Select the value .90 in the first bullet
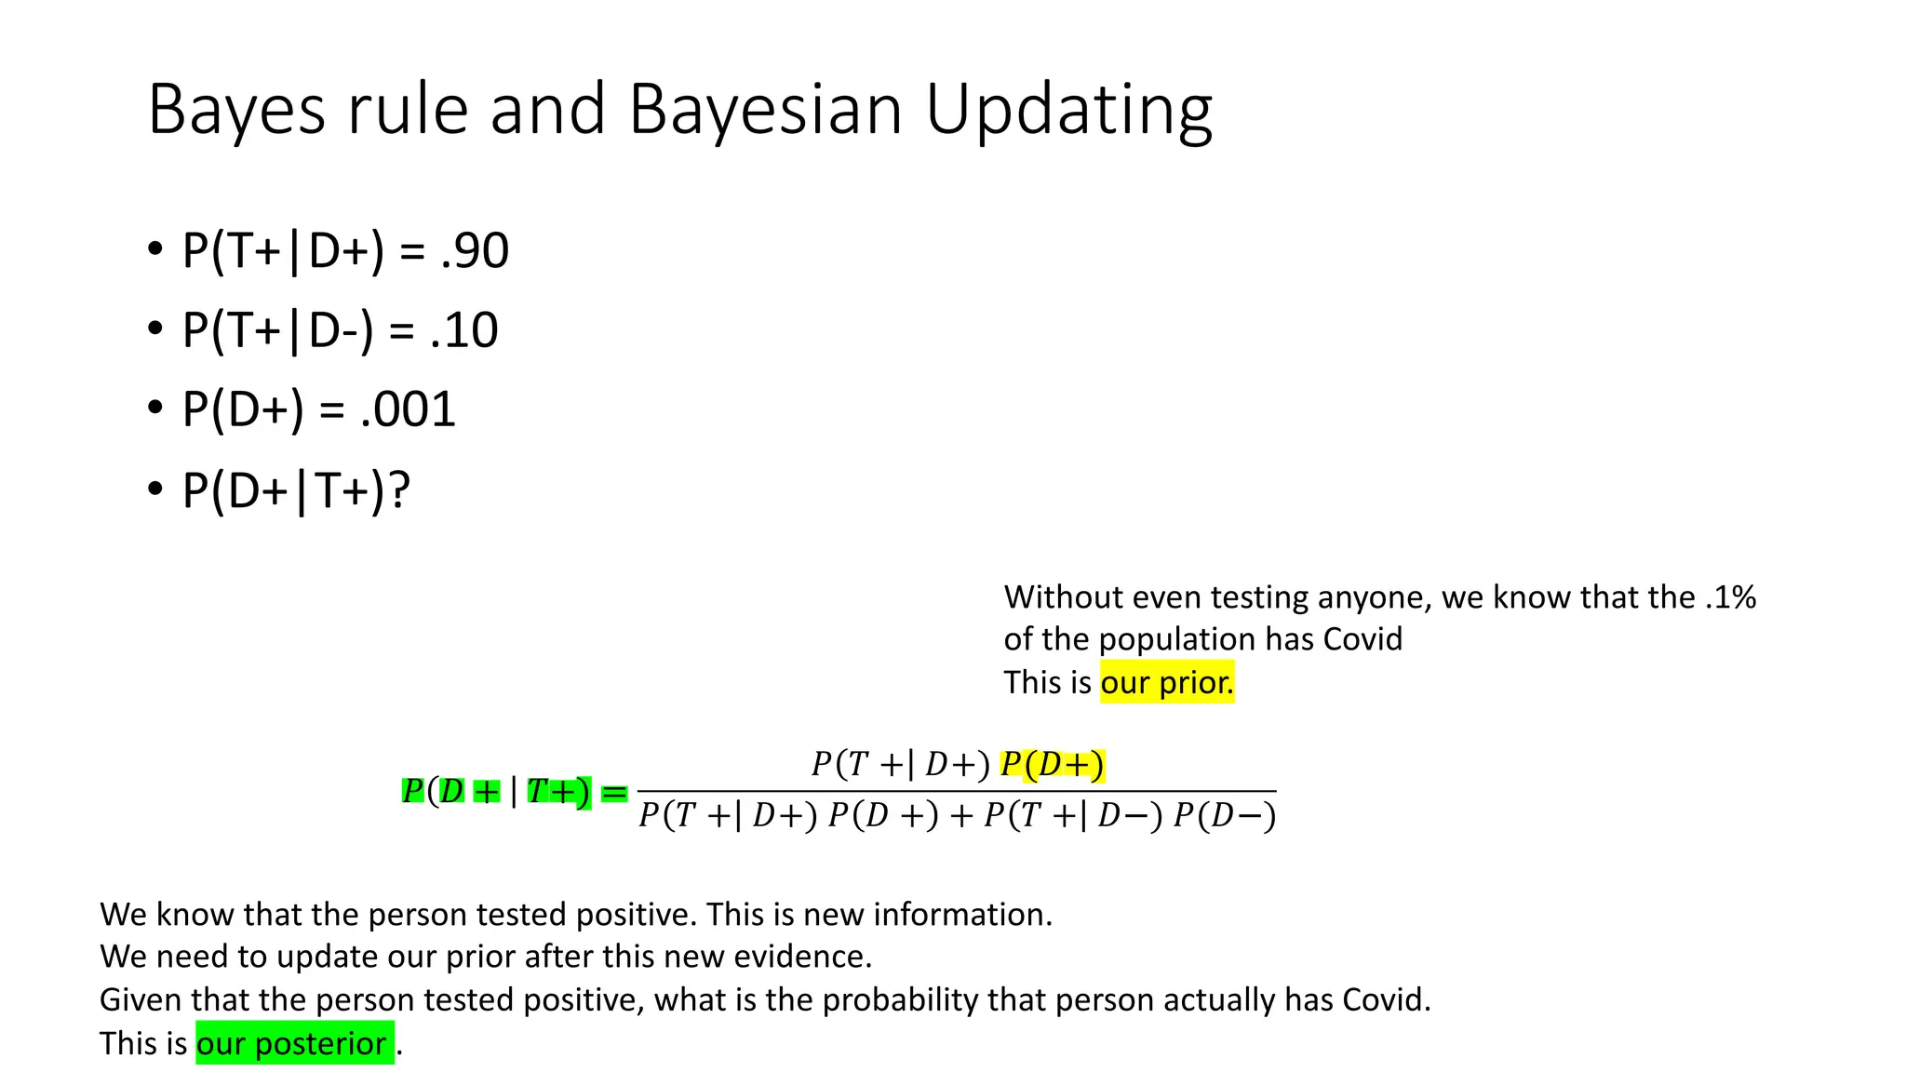coord(475,250)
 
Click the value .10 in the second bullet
coord(464,330)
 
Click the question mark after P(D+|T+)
coord(399,490)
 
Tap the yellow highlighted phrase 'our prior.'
coord(1166,682)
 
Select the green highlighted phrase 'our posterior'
coord(292,1043)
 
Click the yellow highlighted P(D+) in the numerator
coord(1052,765)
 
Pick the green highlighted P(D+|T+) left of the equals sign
coord(496,792)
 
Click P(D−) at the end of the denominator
coord(1224,816)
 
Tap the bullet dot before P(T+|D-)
coord(154,329)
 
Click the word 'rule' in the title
coord(408,110)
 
